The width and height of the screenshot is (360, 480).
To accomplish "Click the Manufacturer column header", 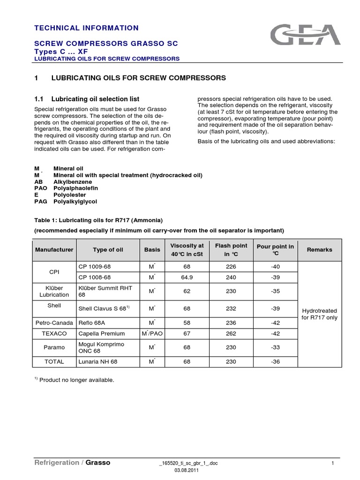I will point(54,250).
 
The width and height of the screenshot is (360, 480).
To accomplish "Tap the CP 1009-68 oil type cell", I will point(95,266).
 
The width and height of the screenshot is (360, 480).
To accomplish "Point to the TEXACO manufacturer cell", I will point(54,333).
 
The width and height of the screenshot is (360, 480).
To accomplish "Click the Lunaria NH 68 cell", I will point(98,362).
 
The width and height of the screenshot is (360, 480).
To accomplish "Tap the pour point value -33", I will point(275,347).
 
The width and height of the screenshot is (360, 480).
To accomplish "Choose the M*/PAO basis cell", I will point(151,333).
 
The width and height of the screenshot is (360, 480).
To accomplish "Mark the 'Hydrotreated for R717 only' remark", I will point(319,314).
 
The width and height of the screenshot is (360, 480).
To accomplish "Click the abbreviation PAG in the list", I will point(41,202).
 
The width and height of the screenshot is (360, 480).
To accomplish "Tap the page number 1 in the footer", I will point(332,463).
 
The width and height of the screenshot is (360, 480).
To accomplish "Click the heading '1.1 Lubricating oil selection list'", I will point(87,99).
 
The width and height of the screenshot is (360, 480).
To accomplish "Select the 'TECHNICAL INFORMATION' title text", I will point(87,28).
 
